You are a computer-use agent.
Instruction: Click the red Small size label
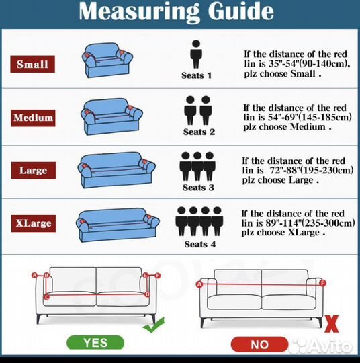click(x=33, y=64)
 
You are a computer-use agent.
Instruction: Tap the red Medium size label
click(x=33, y=118)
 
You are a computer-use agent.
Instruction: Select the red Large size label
click(x=34, y=170)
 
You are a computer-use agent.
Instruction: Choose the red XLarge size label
click(x=34, y=223)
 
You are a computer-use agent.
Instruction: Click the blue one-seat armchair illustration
click(x=107, y=60)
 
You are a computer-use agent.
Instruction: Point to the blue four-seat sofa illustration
click(x=118, y=225)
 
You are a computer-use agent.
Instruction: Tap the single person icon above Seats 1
click(x=196, y=54)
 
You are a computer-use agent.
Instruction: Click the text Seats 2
click(x=199, y=132)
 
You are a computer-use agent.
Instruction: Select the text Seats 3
click(x=198, y=188)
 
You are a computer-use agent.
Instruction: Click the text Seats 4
click(x=200, y=244)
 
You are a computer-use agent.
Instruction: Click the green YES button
click(x=95, y=343)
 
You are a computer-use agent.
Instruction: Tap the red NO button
click(x=259, y=344)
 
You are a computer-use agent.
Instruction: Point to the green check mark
click(x=154, y=325)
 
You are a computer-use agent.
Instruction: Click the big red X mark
click(x=332, y=324)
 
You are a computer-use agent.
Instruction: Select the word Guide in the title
click(x=241, y=11)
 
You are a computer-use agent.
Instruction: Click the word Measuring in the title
click(x=139, y=12)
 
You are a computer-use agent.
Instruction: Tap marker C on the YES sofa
click(x=46, y=297)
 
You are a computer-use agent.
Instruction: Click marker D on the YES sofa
click(x=147, y=294)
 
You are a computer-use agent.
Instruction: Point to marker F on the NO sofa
click(x=322, y=283)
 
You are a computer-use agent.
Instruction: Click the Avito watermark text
click(x=329, y=347)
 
